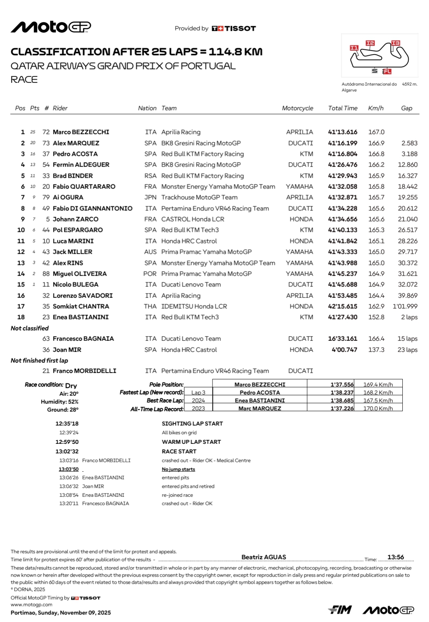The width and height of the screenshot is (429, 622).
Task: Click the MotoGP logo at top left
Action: coord(51,27)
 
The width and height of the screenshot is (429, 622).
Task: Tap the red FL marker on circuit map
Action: coord(387,72)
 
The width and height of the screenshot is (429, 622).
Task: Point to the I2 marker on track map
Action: coord(370,43)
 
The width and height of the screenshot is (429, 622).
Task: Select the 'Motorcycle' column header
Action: coord(297,108)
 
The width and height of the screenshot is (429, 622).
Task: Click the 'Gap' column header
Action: coord(406,108)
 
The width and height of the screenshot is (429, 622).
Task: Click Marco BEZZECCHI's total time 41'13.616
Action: coord(342,132)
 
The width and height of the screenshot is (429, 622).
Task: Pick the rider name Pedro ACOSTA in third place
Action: coord(75,154)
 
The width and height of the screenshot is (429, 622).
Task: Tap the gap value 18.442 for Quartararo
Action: coord(408,187)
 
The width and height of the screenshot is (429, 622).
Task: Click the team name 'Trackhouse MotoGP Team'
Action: coord(199,197)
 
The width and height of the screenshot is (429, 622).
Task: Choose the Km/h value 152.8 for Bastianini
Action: coord(376,317)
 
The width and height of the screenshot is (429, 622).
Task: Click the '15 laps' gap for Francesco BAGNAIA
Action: coord(407,339)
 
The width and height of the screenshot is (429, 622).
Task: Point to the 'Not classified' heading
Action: coord(30,328)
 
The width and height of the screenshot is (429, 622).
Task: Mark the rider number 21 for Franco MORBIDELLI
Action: coord(46,371)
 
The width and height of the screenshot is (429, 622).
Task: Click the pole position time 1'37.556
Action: coord(342,385)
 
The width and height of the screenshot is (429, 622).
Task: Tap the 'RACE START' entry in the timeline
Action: coord(179,451)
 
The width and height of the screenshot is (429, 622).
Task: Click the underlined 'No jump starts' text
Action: coord(178,469)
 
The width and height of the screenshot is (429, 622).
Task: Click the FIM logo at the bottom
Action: coord(340,610)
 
